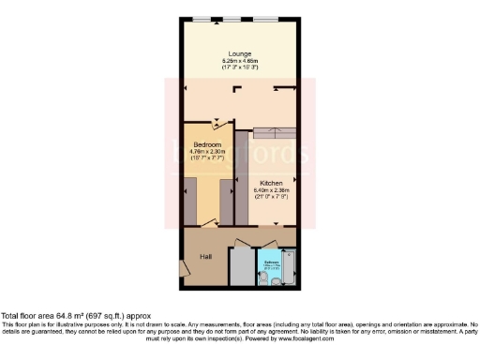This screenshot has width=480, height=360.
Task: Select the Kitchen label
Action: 272,182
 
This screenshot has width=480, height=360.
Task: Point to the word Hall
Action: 204,256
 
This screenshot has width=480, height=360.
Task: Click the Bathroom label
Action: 271,262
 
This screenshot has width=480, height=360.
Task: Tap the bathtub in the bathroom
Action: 288,267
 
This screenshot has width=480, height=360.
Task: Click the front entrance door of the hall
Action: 184,269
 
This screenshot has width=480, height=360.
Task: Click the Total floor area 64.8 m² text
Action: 75,316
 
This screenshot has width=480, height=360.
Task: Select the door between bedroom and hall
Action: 208,223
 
